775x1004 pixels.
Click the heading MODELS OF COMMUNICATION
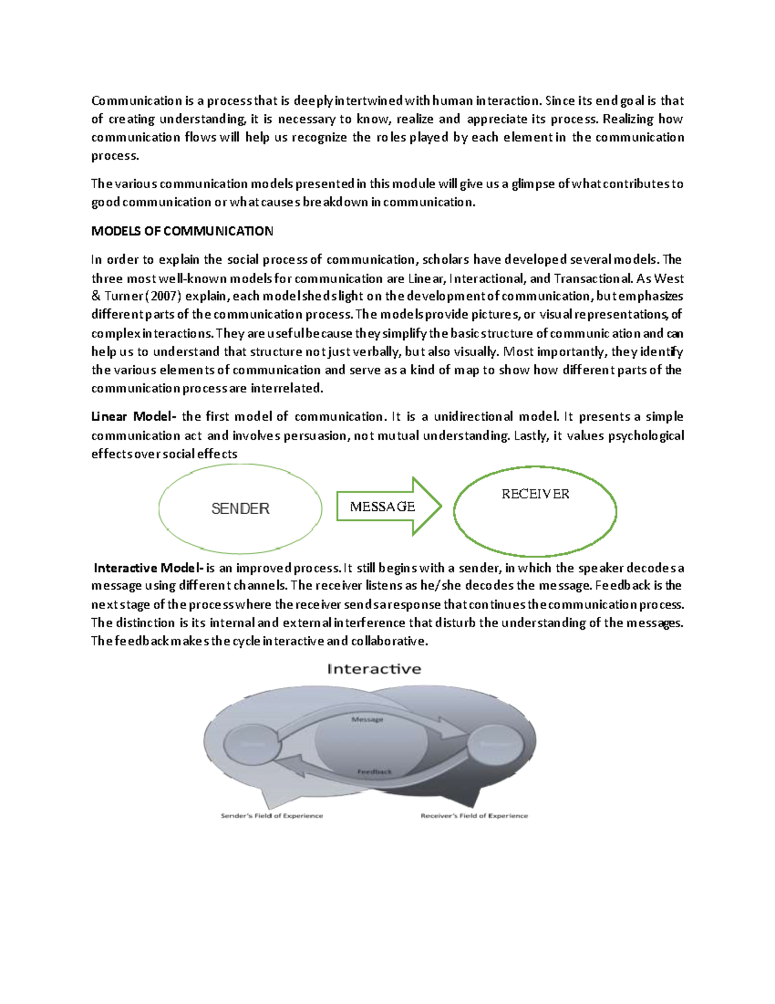coord(182,231)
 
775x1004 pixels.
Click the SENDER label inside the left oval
coord(240,509)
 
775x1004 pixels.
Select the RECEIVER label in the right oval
coord(535,494)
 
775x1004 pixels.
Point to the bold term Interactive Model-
coord(149,568)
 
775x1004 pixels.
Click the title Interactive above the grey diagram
coord(374,669)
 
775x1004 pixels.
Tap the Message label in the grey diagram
coord(367,719)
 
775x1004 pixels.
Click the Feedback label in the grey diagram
coord(375,771)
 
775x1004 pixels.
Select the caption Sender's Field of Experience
coord(272,816)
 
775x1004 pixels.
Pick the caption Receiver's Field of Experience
coord(474,816)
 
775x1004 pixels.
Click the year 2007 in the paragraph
coord(168,297)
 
